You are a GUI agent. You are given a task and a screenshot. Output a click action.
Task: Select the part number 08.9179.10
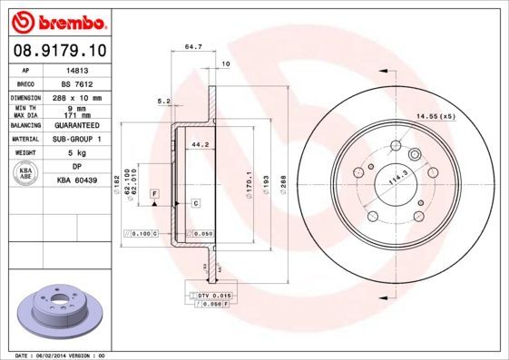(x=61, y=49)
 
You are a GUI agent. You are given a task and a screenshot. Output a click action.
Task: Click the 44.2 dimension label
(x=200, y=143)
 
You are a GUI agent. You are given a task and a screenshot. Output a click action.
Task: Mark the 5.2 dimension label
(x=164, y=101)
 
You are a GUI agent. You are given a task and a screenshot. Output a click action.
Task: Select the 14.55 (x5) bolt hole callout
(x=435, y=116)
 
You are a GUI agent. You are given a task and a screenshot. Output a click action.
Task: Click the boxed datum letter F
(x=155, y=195)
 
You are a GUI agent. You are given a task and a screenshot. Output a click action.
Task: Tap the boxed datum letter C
(x=195, y=203)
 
